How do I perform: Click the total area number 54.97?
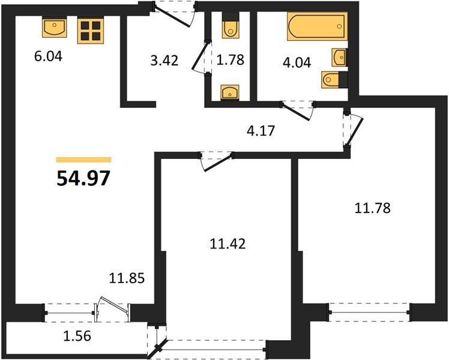click(x=83, y=178)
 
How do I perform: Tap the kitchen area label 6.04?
click(x=48, y=56)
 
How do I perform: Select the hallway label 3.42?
click(x=164, y=61)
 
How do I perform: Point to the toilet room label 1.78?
click(x=231, y=60)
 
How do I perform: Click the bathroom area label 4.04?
click(x=297, y=62)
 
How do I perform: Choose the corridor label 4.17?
click(x=261, y=131)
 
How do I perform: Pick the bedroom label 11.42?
click(x=228, y=244)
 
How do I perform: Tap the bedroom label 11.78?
click(x=372, y=208)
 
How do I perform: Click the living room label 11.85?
click(x=127, y=278)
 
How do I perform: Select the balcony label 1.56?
click(x=77, y=336)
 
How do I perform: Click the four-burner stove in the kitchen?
click(x=91, y=31)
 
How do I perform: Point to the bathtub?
click(x=318, y=26)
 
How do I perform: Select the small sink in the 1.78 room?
click(x=230, y=92)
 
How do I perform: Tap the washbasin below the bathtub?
click(x=339, y=57)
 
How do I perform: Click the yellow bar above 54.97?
click(x=83, y=160)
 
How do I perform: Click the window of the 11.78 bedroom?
click(x=369, y=312)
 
